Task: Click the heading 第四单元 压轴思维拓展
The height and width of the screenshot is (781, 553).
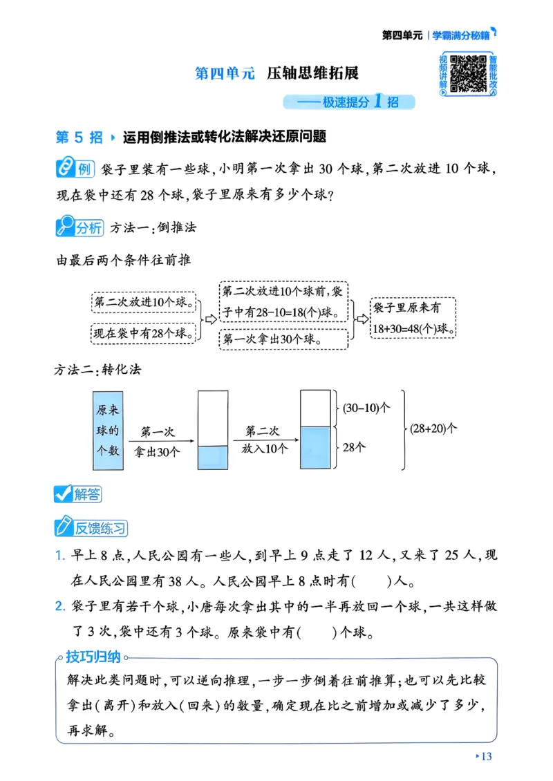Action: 277,73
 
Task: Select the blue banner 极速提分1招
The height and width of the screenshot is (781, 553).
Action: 349,102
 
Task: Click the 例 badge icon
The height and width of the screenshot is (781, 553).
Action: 74,169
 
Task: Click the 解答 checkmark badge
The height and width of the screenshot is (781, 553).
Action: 77,493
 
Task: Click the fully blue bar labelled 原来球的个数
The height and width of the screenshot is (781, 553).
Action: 108,429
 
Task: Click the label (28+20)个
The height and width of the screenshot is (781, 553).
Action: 434,429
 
